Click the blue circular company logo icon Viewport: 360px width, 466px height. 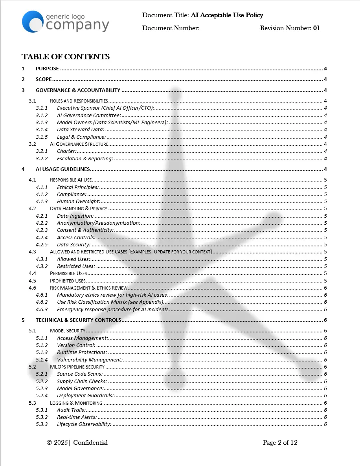tap(33, 22)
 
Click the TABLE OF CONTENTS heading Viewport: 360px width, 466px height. tap(66, 57)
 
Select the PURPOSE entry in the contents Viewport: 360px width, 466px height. tap(47, 69)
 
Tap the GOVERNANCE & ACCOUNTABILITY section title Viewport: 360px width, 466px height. tap(78, 90)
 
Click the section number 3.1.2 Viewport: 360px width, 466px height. tap(41, 116)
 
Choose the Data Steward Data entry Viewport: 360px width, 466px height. tap(81, 130)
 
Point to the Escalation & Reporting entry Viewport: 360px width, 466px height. tap(85, 159)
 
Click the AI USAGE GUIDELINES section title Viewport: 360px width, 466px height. tap(63, 169)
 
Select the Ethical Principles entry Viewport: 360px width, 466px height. tap(78, 187)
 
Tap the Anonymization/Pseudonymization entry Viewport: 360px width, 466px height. tap(99, 223)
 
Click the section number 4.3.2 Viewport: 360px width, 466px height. tap(41, 266)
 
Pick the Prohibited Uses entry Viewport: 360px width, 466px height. tap(68, 281)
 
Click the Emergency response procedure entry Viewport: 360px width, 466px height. tap(113, 310)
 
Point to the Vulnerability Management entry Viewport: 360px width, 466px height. tap(90, 360)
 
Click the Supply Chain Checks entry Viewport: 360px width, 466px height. tap(82, 382)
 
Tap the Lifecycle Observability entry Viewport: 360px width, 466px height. tap(84, 424)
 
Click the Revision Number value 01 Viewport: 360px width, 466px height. tap(316, 28)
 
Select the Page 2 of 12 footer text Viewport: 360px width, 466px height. tap(280, 443)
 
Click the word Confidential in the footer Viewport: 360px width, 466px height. tap(90, 443)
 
